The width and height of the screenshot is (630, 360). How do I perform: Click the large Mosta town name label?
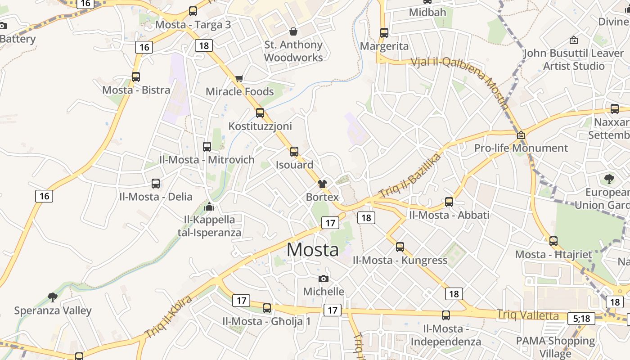(313, 250)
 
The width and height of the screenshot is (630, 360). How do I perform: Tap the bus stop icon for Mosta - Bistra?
(136, 77)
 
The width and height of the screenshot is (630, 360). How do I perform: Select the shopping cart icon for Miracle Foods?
(239, 79)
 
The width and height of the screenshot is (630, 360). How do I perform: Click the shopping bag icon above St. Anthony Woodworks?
(293, 31)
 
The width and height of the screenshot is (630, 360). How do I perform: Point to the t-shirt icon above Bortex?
(322, 184)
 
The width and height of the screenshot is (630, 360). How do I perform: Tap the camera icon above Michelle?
(323, 279)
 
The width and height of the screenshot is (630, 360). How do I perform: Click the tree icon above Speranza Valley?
(53, 297)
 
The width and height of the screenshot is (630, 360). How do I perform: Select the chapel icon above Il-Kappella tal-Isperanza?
(209, 207)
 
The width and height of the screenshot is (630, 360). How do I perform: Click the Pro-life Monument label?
(521, 148)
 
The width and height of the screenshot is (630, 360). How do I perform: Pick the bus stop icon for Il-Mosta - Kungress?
(400, 247)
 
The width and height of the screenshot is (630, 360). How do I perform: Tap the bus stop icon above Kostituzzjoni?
(260, 113)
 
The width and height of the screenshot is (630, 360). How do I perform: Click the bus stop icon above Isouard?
(294, 152)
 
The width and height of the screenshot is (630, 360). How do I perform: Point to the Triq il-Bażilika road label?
(410, 175)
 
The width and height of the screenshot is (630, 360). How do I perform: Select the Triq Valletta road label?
(528, 315)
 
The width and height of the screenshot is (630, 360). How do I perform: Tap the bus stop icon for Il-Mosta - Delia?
(156, 184)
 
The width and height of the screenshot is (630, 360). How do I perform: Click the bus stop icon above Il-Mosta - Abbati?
(449, 202)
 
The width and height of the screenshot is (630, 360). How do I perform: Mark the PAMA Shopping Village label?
(555, 347)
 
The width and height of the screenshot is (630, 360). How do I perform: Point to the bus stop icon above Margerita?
(384, 33)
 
